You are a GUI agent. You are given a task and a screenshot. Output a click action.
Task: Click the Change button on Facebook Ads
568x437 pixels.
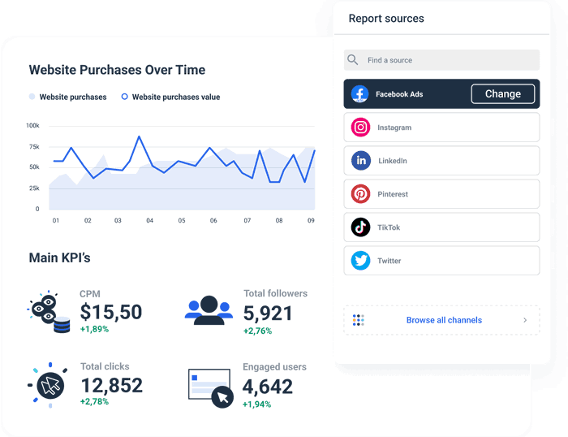pyautogui.click(x=502, y=94)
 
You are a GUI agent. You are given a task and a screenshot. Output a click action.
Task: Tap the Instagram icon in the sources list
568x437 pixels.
pyautogui.click(x=361, y=128)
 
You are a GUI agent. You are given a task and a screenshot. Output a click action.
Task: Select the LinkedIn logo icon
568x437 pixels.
pyautogui.click(x=361, y=161)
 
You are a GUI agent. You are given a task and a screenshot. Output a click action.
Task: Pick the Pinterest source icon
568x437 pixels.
pyautogui.click(x=361, y=194)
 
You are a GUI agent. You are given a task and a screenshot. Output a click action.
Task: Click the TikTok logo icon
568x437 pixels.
pyautogui.click(x=361, y=227)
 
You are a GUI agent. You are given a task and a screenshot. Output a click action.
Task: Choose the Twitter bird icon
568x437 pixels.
pyautogui.click(x=361, y=261)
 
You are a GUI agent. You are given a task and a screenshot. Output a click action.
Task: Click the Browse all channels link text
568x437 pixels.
pyautogui.click(x=444, y=320)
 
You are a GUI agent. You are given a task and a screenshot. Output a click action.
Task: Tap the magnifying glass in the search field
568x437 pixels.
pyautogui.click(x=352, y=60)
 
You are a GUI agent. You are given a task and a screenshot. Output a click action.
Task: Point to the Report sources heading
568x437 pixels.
pyautogui.click(x=386, y=19)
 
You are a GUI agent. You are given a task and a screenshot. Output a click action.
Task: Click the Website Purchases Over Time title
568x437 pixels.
pyautogui.click(x=117, y=70)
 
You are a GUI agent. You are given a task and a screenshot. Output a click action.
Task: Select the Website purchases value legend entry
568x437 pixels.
pyautogui.click(x=175, y=97)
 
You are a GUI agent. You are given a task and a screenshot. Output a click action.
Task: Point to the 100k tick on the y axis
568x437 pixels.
pyautogui.click(x=32, y=126)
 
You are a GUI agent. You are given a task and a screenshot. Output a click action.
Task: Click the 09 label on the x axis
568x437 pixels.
pyautogui.click(x=311, y=220)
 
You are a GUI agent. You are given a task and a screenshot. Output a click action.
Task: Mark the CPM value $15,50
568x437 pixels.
pyautogui.click(x=110, y=312)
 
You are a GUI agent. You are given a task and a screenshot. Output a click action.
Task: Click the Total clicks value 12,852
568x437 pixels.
pyautogui.click(x=110, y=385)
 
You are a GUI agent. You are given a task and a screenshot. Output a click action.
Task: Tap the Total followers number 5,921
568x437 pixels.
pyautogui.click(x=268, y=313)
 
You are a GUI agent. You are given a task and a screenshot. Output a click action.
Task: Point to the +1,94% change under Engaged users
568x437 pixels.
pyautogui.click(x=257, y=404)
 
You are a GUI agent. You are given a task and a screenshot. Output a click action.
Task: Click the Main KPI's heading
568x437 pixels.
pyautogui.click(x=59, y=258)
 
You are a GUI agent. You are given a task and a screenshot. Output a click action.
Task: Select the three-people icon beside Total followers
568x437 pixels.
pyautogui.click(x=209, y=309)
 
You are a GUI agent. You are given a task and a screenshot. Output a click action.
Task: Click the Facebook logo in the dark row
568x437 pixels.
pyautogui.click(x=360, y=94)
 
